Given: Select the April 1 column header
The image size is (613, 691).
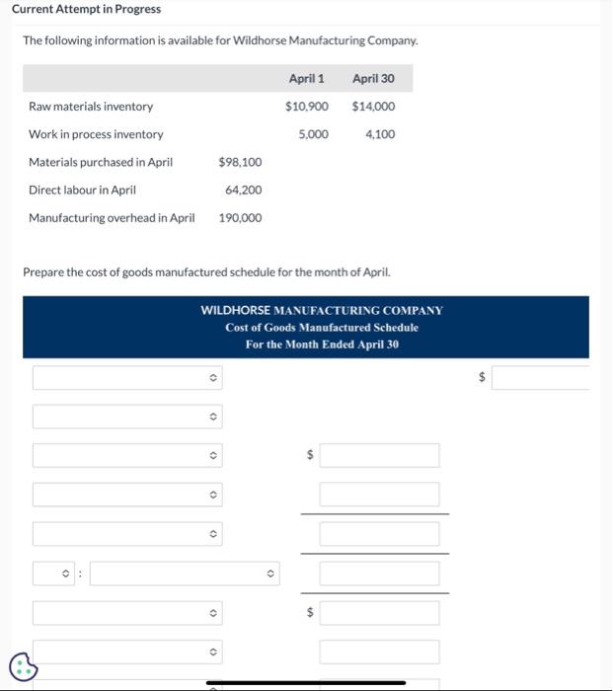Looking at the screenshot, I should [306, 79].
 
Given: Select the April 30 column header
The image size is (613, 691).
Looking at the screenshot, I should [373, 79].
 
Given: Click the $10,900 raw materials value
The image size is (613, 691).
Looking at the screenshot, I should [306, 107].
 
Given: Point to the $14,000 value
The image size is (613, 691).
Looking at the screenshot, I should [373, 107].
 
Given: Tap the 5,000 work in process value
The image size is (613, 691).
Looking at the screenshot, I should [313, 134].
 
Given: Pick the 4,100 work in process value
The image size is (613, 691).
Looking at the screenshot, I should [380, 134].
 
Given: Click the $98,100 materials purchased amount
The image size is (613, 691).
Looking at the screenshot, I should [240, 162].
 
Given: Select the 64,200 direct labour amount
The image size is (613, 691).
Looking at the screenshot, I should [243, 190].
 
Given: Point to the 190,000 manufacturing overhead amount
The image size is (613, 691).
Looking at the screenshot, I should [240, 217].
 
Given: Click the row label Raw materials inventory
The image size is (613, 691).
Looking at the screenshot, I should [91, 107].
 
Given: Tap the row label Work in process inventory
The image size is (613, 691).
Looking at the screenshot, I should [96, 134].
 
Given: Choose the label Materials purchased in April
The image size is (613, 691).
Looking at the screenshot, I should [101, 162].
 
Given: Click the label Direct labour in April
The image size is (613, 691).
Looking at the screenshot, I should [82, 190].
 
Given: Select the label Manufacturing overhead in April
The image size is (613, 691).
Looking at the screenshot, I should [112, 217].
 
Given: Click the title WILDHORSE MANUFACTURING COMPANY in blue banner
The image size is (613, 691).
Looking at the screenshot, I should [322, 310].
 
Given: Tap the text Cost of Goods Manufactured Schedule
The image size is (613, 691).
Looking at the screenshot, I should [322, 327].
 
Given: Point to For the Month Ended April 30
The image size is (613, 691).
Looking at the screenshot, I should [322, 344].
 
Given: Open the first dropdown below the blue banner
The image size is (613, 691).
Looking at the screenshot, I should [127, 378].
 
